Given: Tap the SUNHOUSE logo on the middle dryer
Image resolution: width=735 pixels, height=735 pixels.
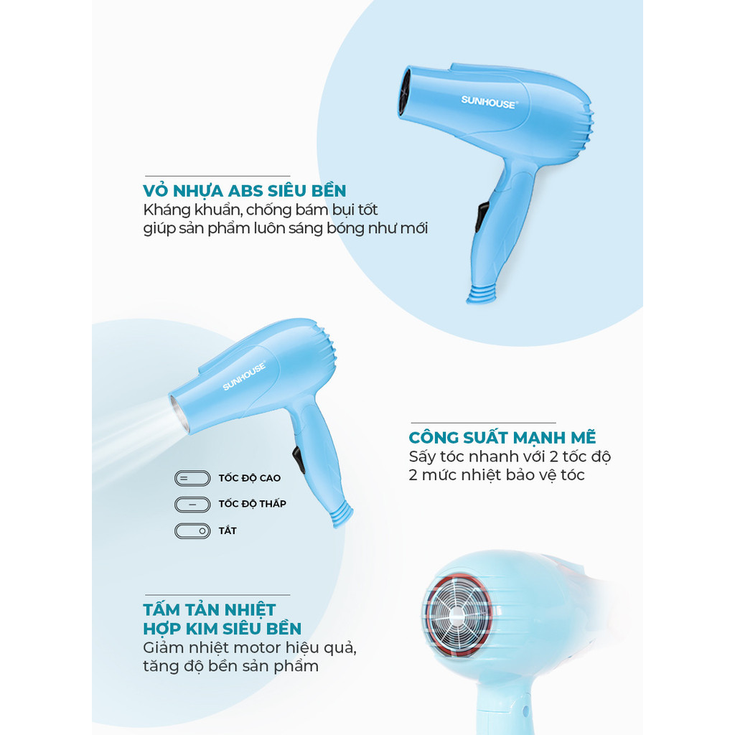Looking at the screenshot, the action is pos(244,375).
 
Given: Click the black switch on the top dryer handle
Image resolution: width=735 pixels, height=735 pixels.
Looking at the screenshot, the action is pos(482,217).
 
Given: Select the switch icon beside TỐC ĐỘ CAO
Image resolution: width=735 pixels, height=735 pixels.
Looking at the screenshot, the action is pos(192,479).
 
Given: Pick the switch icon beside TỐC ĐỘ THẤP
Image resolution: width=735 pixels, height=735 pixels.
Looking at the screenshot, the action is pos(192,505).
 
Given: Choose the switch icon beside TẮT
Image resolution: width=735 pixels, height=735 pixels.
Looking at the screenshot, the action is pos(192,531).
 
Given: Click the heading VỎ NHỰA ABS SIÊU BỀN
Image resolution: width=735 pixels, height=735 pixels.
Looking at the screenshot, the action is pos(245,190).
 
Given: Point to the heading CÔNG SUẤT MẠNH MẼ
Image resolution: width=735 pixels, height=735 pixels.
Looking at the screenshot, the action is pos(502,437).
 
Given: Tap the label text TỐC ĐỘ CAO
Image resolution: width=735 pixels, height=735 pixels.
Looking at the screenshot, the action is pos(249,477).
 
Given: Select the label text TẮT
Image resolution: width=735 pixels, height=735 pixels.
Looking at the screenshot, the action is pos(228,530).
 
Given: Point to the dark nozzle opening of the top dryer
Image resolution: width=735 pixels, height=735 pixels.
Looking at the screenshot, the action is pos(404,93).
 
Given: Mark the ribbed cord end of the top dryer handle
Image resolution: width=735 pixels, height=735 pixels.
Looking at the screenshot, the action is pos(482,294).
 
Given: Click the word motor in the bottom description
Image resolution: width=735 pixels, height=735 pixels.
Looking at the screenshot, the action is pos(258,648).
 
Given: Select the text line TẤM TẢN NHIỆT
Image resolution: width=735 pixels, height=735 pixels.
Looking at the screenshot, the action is pos(210,609).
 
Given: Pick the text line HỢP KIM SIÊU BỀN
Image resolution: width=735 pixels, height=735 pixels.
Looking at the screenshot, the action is pos(223,629).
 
